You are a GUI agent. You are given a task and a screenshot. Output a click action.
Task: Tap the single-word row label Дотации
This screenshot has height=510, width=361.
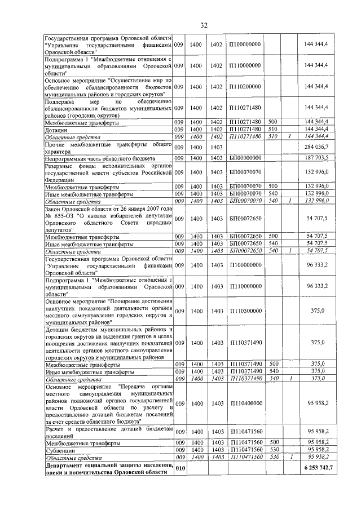57,129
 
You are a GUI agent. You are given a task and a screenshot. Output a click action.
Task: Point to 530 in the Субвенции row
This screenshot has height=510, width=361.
272,450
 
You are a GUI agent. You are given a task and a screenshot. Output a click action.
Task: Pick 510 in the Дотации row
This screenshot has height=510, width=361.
272,129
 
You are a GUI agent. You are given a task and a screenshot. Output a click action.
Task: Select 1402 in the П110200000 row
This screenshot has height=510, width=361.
216,86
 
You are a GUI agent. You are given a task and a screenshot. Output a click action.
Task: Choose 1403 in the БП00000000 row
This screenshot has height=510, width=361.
216,158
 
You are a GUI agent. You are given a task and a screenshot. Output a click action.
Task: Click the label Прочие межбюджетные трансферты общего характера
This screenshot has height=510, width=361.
107,147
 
